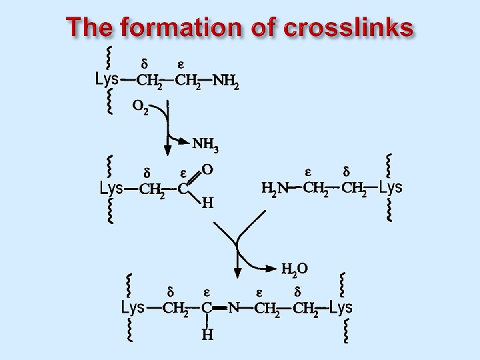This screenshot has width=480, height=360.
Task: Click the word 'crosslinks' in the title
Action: coord(348,29)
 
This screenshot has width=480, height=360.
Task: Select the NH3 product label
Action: coord(205,144)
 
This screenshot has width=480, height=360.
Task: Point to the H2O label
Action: coord(294,269)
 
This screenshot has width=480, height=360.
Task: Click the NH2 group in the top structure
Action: coord(225,82)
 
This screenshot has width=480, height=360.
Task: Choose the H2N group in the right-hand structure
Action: coord(275,189)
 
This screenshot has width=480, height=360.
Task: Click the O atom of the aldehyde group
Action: coord(207,170)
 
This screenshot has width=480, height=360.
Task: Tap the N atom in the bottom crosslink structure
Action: coord(233,308)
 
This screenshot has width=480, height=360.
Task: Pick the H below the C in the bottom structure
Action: coord(207,334)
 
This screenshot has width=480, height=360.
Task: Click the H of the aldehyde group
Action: coord(207,204)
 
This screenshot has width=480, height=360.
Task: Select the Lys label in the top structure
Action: coord(107,79)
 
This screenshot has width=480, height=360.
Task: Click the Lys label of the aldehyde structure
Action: coord(111,188)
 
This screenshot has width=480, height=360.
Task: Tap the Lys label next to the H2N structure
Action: coord(391,187)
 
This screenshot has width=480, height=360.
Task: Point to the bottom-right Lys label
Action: coord(341,307)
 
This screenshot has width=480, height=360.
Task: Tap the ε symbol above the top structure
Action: coord(181,65)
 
